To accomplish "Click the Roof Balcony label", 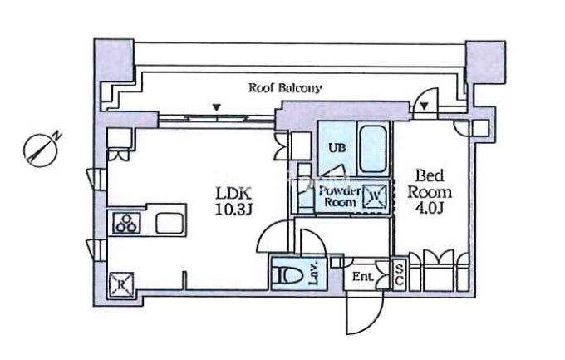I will (x=286, y=86).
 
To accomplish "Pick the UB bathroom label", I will (x=336, y=148).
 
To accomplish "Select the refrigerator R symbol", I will (x=120, y=284).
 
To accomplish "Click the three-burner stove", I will (x=127, y=223).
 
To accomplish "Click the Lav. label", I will (x=316, y=272).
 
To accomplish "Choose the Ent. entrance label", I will (x=362, y=276).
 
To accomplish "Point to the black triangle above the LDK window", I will (x=217, y=106).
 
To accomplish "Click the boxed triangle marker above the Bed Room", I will (x=424, y=106).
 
